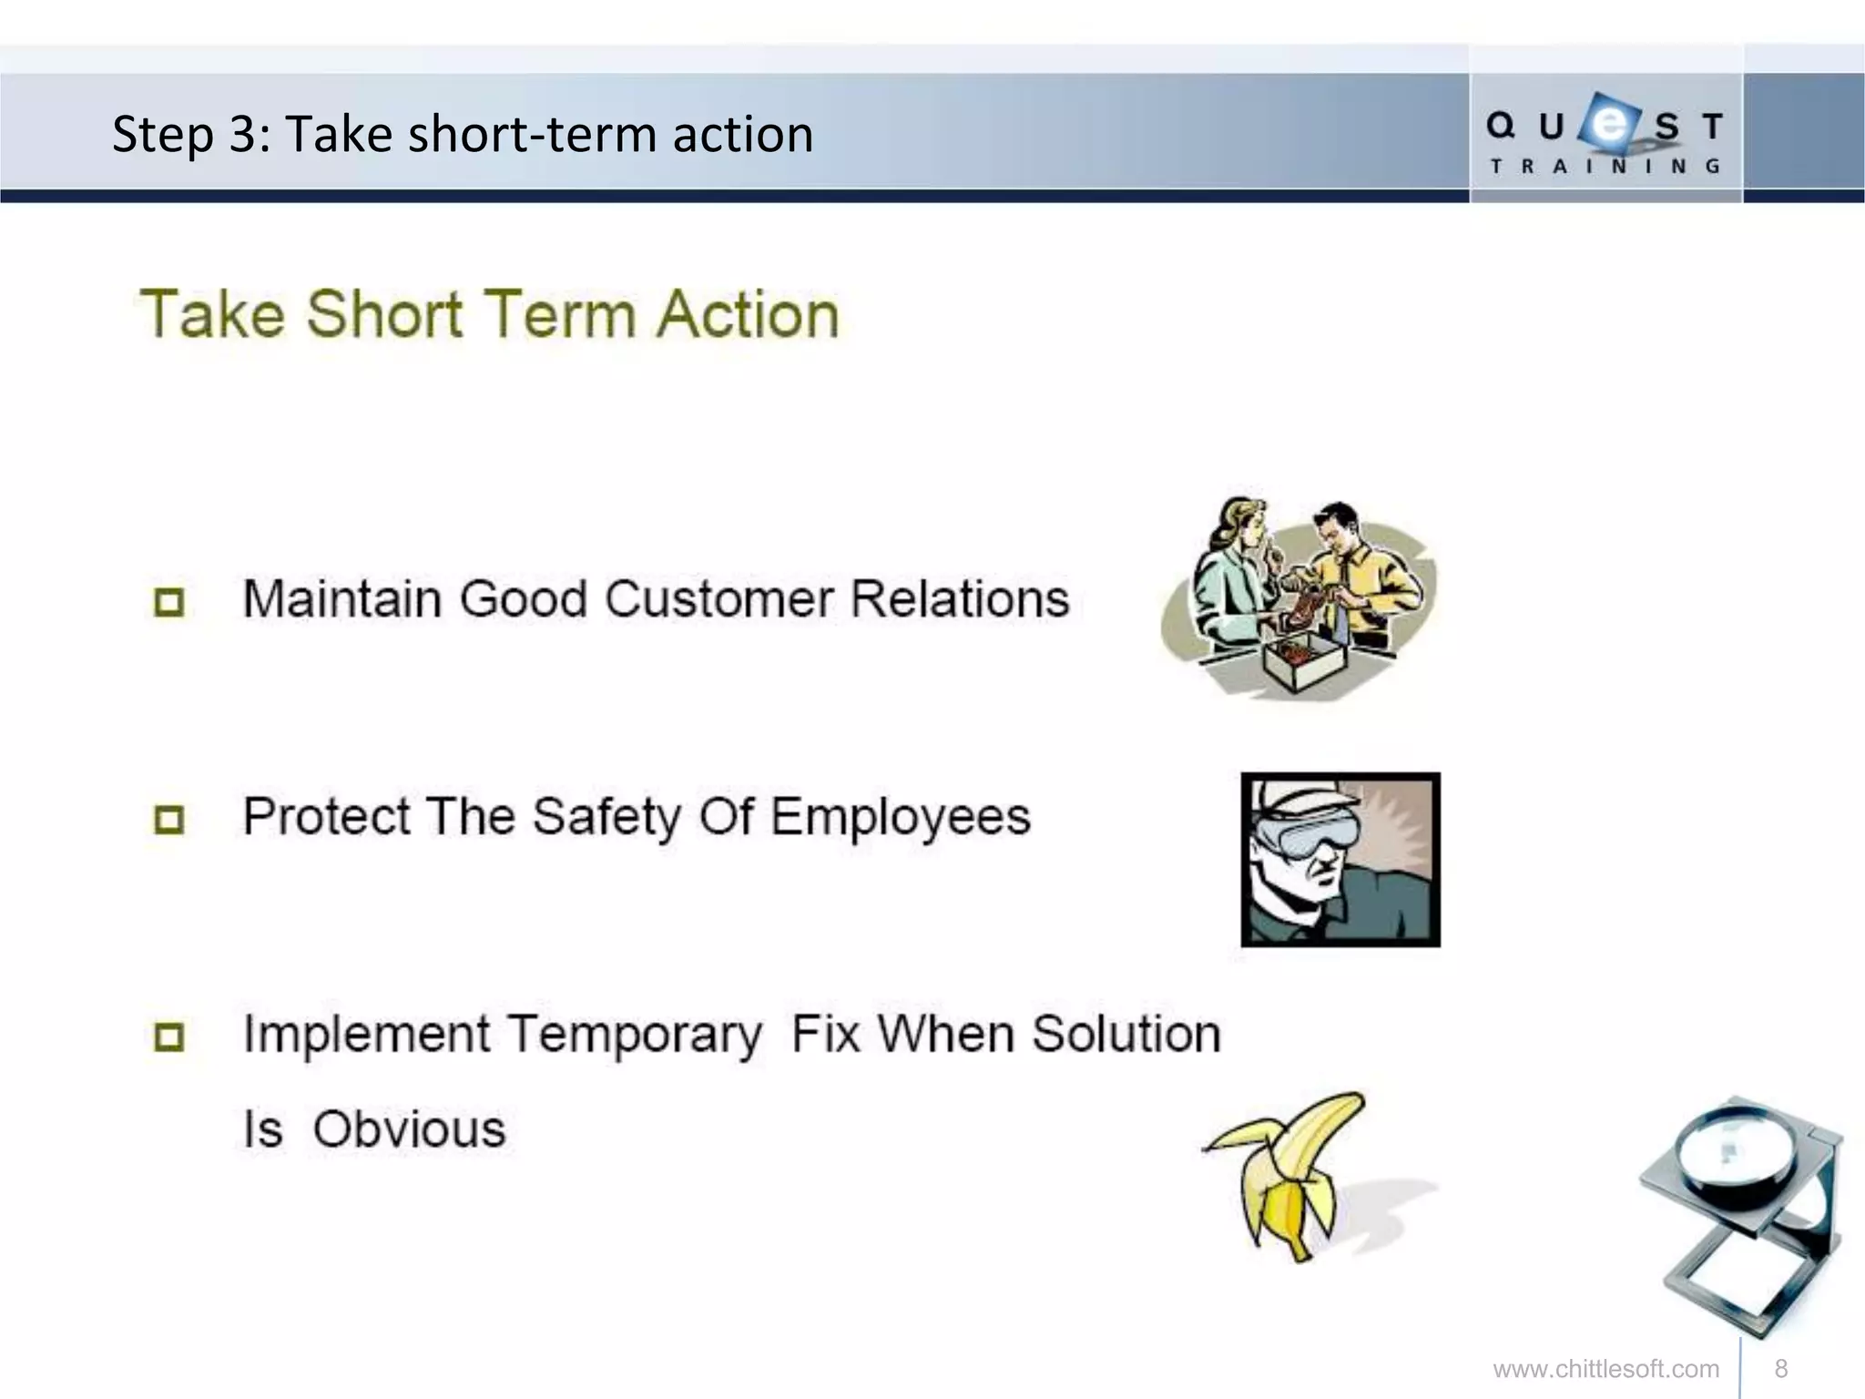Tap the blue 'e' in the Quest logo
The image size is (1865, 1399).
(x=1609, y=124)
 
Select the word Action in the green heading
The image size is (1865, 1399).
(x=748, y=315)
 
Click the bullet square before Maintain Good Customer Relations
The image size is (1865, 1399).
(x=169, y=602)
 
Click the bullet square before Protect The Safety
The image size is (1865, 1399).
(x=169, y=819)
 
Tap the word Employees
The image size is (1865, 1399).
(x=901, y=817)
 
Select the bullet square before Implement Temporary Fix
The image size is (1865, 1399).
(x=169, y=1036)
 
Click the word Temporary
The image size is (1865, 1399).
(x=635, y=1036)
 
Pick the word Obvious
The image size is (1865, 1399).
(x=409, y=1129)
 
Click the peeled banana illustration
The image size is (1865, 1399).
(x=1289, y=1175)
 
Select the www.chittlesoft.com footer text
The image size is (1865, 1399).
(x=1605, y=1369)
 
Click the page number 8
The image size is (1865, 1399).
(x=1781, y=1369)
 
